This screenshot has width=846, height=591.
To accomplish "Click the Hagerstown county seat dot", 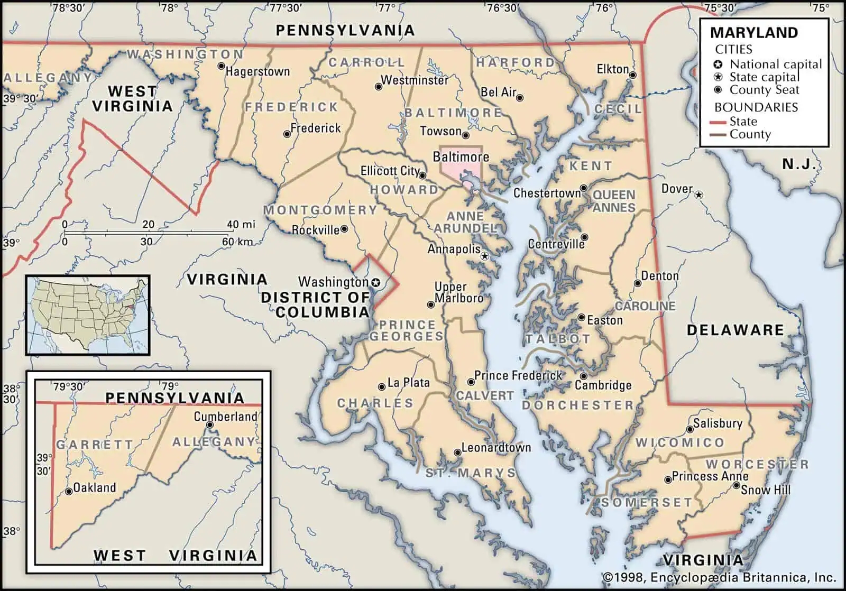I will pyautogui.click(x=221, y=66).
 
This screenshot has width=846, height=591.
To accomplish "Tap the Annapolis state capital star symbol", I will pyautogui.click(x=485, y=256).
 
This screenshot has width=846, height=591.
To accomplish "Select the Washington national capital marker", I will pyautogui.click(x=376, y=282).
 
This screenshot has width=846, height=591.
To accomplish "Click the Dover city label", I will pyautogui.click(x=677, y=189).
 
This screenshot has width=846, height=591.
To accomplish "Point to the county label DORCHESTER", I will pyautogui.click(x=577, y=405).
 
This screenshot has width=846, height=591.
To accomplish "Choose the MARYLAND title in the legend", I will pyautogui.click(x=753, y=33).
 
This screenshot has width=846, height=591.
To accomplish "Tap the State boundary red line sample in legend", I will pyautogui.click(x=718, y=122).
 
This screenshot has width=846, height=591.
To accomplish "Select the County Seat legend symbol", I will pyautogui.click(x=718, y=90).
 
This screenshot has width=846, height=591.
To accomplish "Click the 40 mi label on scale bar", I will pyautogui.click(x=241, y=224).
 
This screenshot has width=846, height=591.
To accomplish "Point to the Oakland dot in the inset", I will pyautogui.click(x=69, y=492).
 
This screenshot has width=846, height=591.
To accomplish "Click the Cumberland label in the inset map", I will pyautogui.click(x=225, y=417).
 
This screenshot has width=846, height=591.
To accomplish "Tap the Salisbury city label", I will pyautogui.click(x=718, y=423).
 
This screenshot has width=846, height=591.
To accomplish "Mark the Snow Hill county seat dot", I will pyautogui.click(x=736, y=485).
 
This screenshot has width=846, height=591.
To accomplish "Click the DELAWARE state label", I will pyautogui.click(x=735, y=330).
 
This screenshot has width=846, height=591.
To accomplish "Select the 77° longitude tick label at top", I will pyautogui.click(x=387, y=8).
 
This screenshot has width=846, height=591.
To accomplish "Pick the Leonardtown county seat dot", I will pyautogui.click(x=457, y=453).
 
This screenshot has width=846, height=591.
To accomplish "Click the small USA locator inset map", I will pyautogui.click(x=88, y=315).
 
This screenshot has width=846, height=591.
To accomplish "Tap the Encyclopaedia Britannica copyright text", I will pyautogui.click(x=719, y=577).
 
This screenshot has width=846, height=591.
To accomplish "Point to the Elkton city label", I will pyautogui.click(x=612, y=69).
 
